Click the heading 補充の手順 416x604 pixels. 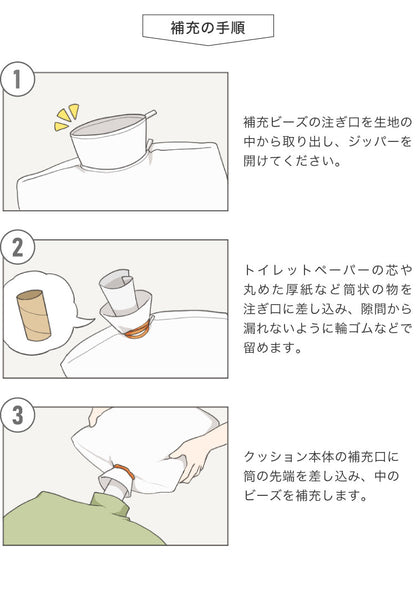point(208,28)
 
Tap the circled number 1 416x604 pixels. point(18,79)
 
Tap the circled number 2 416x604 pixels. point(18,247)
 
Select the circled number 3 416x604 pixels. point(18,415)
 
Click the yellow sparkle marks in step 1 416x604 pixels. point(67,117)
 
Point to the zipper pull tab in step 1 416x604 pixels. point(150,114)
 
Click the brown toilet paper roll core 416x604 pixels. point(34,315)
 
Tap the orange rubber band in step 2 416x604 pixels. point(137,331)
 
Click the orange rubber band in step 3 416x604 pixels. point(124,471)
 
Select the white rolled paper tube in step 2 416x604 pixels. point(116,290)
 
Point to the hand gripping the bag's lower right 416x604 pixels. point(195,455)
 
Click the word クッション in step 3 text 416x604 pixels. point(270,456)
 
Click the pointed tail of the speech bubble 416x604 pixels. point(87,321)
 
